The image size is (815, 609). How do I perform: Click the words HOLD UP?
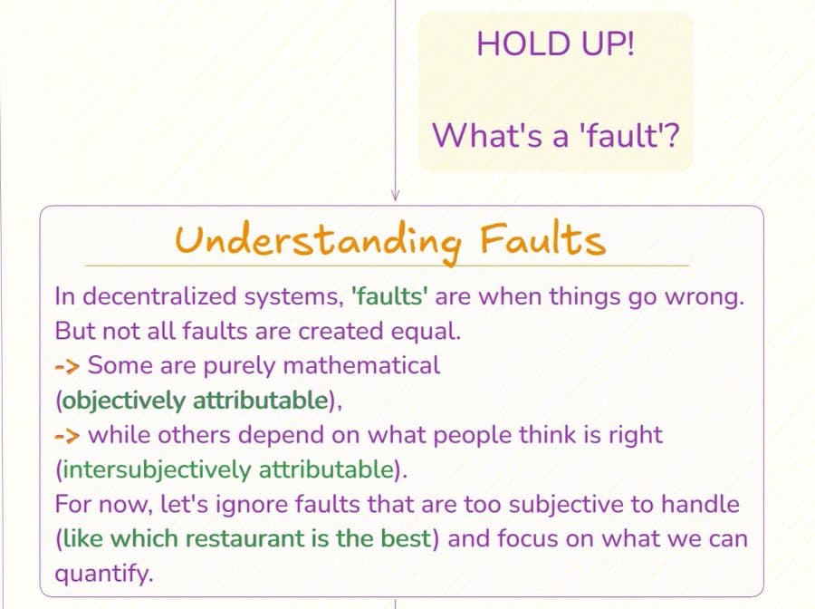(x=555, y=43)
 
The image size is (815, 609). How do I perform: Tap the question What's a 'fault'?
(x=556, y=135)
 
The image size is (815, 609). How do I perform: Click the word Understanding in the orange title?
(x=318, y=241)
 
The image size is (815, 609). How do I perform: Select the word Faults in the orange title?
(x=542, y=239)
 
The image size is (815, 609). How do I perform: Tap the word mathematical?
(x=361, y=365)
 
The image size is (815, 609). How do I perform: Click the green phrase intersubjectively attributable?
(x=228, y=469)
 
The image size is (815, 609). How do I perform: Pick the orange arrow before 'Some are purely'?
(x=67, y=367)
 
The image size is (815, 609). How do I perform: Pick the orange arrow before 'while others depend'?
(x=67, y=436)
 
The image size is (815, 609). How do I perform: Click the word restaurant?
(x=244, y=539)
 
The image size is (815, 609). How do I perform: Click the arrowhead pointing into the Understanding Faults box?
(x=395, y=196)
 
